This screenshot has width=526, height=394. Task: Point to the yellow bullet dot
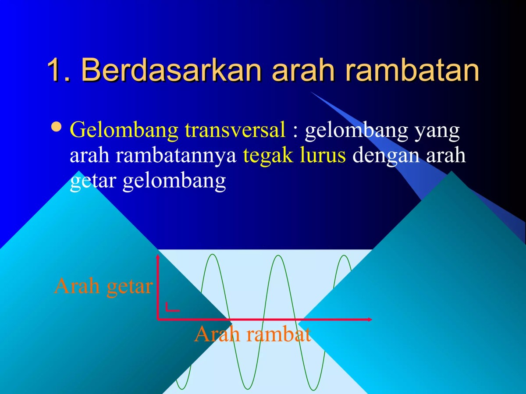(57, 127)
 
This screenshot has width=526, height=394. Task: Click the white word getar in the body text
(93, 181)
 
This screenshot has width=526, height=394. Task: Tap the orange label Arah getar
(103, 287)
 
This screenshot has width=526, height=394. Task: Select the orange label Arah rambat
(252, 334)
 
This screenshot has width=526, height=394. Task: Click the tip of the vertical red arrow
(158, 256)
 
